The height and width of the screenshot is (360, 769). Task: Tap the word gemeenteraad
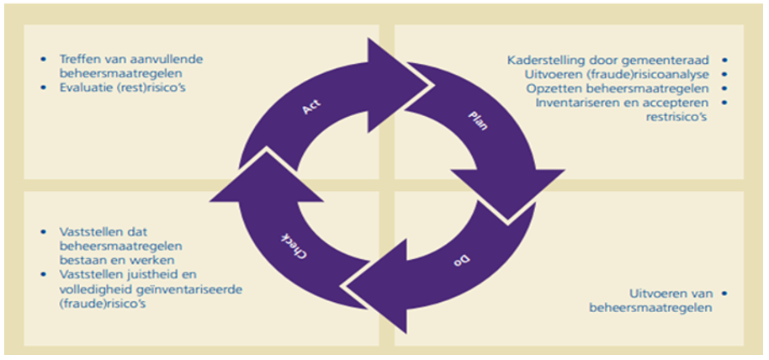[671, 60]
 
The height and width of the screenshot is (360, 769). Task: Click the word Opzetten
[551, 88]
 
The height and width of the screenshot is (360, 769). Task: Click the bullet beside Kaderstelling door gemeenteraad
[724, 60]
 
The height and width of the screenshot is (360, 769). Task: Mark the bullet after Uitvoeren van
[724, 294]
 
